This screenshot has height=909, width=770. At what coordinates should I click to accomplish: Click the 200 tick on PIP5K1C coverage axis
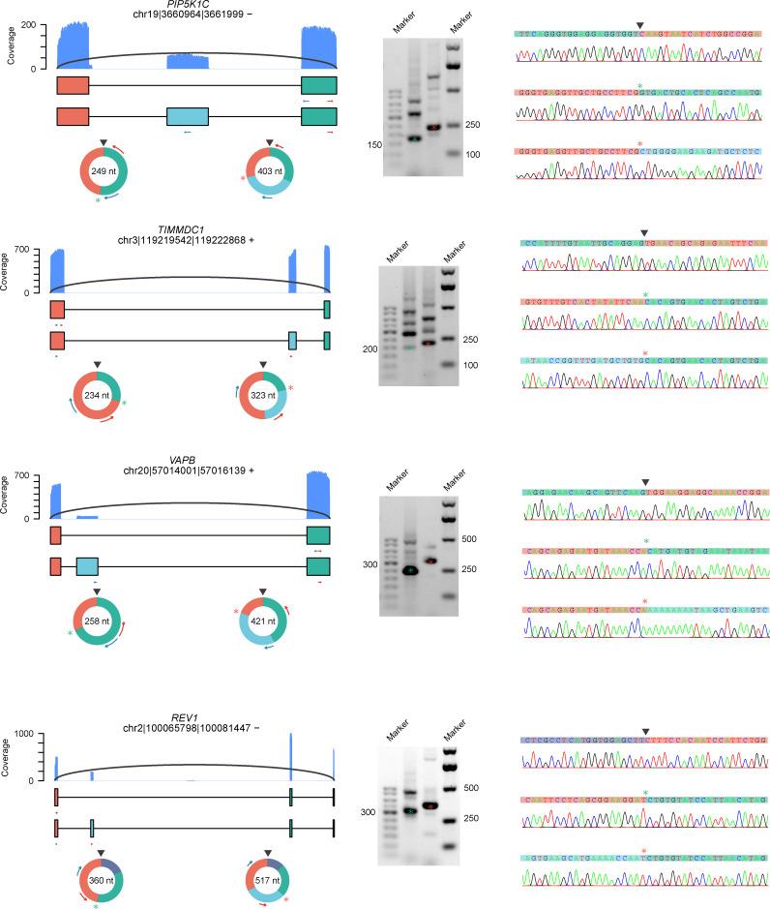35,22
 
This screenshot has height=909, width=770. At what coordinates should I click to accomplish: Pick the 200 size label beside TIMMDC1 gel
368,348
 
